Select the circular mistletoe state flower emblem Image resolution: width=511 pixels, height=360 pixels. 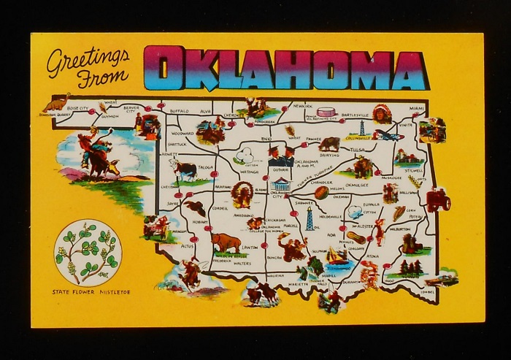click(x=88, y=252)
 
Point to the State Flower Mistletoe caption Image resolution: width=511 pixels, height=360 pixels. click(x=91, y=292)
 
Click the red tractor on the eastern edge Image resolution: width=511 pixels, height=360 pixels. click(x=438, y=199)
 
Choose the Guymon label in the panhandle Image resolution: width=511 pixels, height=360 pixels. click(x=109, y=115)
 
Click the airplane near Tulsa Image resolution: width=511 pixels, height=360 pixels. click(x=388, y=136)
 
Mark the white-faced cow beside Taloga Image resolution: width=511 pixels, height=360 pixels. click(x=183, y=170)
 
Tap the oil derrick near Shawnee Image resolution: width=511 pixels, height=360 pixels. click(x=310, y=218)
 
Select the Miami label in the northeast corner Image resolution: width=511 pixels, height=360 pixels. click(x=416, y=108)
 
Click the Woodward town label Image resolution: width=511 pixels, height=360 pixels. click(x=182, y=134)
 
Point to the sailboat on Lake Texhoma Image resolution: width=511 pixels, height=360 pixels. click(x=337, y=255)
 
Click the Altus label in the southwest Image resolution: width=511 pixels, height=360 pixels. click(x=188, y=247)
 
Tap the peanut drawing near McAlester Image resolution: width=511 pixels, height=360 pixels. click(x=358, y=237)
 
